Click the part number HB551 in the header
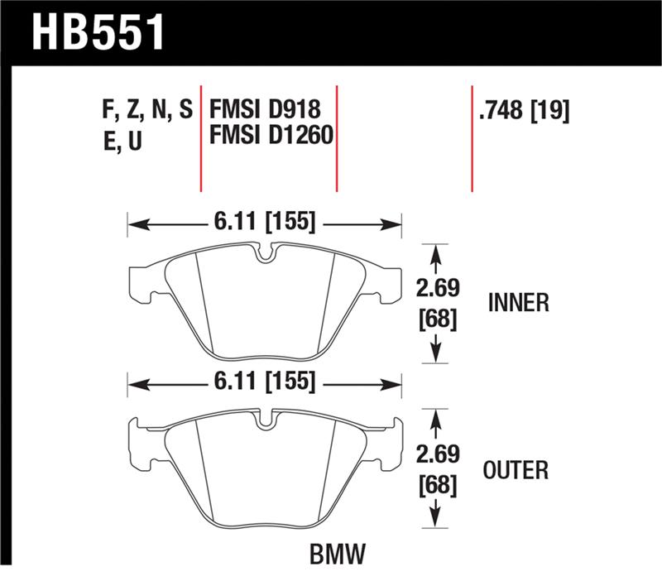(98, 33)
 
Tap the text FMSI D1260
(272, 135)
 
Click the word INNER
(518, 303)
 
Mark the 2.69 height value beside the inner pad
(438, 289)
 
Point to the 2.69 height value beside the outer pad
(438, 454)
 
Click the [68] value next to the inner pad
(438, 318)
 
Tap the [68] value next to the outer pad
(438, 483)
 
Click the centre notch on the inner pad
(264, 256)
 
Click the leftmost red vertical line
(202, 137)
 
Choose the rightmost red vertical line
(472, 137)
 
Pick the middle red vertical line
(337, 137)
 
